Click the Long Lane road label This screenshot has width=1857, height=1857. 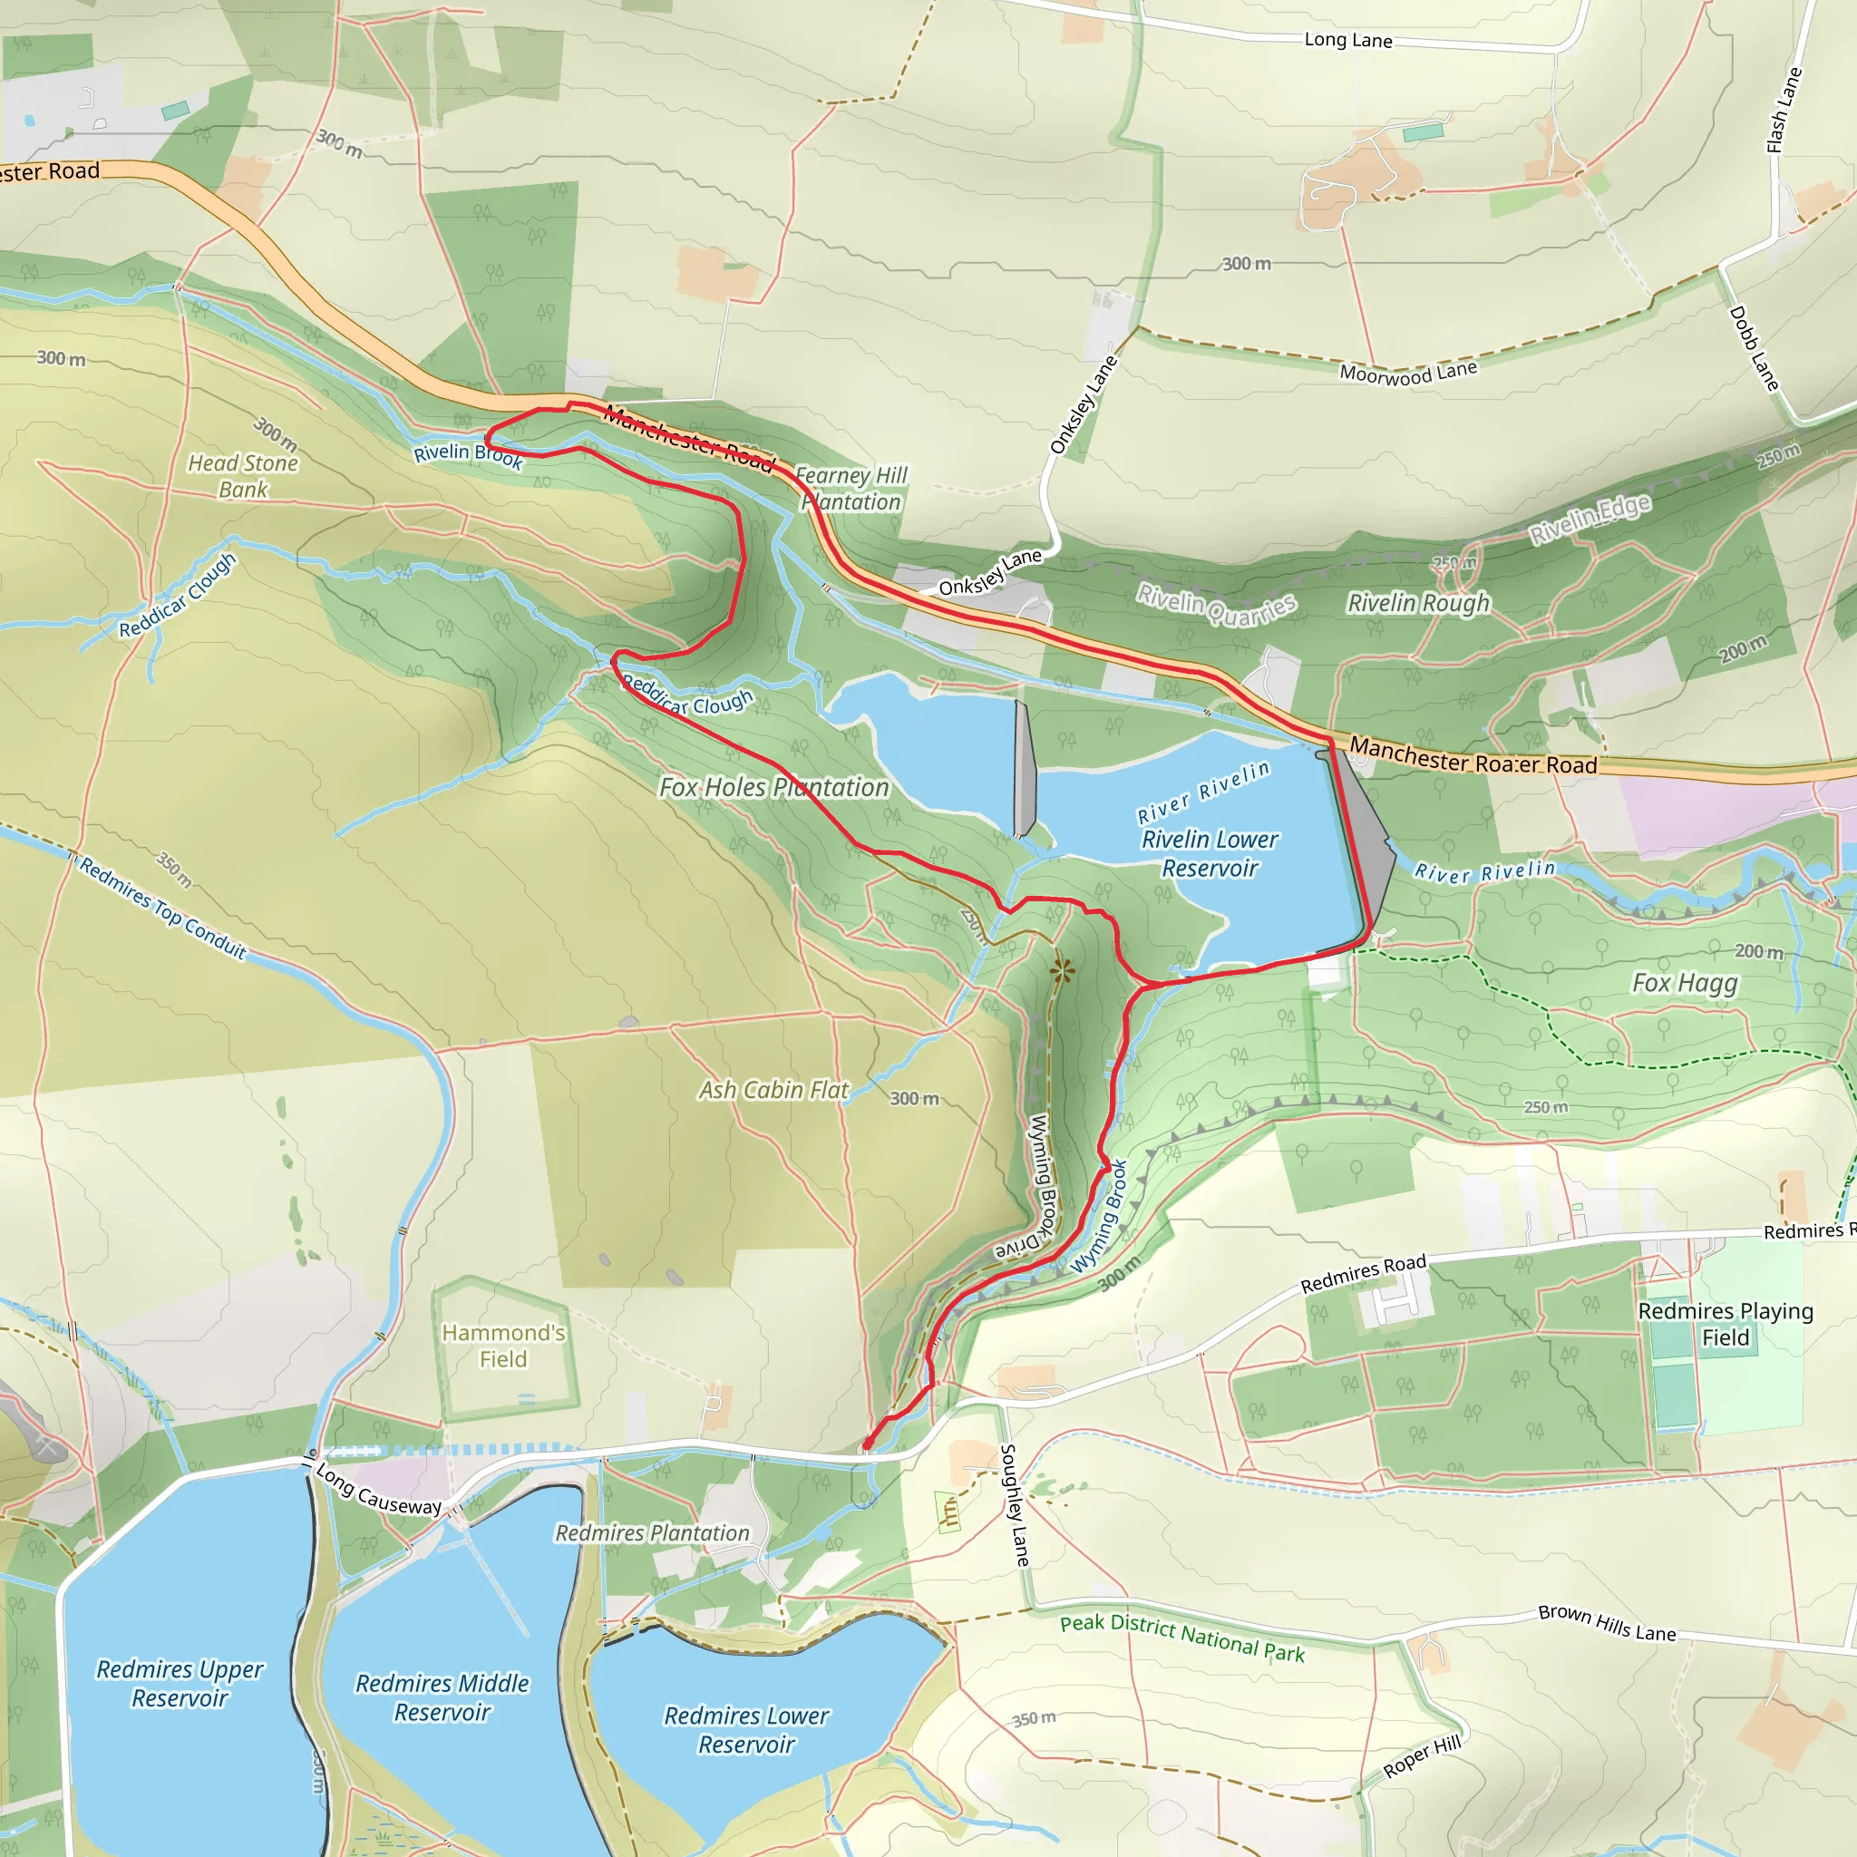(x=1347, y=41)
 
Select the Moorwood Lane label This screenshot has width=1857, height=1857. (x=1408, y=373)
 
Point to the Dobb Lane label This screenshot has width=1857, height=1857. (x=1754, y=348)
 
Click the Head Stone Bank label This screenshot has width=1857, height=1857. (x=243, y=476)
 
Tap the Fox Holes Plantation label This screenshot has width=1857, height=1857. (x=773, y=787)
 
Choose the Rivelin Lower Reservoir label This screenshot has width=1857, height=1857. (x=1210, y=853)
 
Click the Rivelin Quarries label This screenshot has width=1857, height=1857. (x=1216, y=605)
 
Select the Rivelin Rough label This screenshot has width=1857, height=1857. (x=1418, y=603)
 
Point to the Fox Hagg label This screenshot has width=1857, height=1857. (x=1685, y=982)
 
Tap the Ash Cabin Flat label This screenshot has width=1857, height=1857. (x=773, y=1090)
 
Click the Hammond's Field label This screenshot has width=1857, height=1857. (x=502, y=1346)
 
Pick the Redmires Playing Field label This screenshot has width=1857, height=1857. (x=1726, y=1324)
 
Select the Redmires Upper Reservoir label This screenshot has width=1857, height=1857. (x=180, y=1683)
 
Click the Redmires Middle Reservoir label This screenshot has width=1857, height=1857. (x=442, y=1697)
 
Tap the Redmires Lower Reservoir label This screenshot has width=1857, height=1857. (x=746, y=1729)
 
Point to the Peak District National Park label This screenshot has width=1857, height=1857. (x=1182, y=1638)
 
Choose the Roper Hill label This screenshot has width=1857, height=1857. (x=1422, y=1757)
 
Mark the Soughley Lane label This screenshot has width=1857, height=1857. (x=1015, y=1504)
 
